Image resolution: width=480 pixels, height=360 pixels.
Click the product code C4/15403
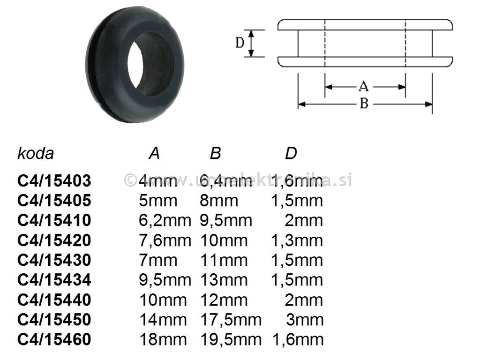[x=54, y=181]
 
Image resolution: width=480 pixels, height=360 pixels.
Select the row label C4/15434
[x=54, y=280]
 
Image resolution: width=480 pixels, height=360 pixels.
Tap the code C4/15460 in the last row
[x=54, y=339]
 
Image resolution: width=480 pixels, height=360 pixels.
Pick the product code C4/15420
[x=54, y=240]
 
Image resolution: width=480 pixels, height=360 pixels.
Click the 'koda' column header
[x=36, y=153]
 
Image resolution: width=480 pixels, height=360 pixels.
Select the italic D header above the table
[x=291, y=153]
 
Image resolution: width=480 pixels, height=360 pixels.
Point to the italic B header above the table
[x=215, y=153]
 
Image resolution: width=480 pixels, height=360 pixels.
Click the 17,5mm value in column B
[x=231, y=320]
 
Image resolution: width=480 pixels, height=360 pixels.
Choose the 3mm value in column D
[x=305, y=320]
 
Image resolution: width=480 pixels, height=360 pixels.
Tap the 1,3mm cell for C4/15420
[x=297, y=240]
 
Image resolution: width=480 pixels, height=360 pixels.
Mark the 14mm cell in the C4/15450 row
[x=163, y=320]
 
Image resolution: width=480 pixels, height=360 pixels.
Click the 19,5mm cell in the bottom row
[x=231, y=339]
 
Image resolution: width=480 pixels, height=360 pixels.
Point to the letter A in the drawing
[x=363, y=87]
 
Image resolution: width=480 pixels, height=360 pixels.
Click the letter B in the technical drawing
[x=364, y=104]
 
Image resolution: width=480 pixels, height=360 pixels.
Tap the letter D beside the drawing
[x=240, y=43]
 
